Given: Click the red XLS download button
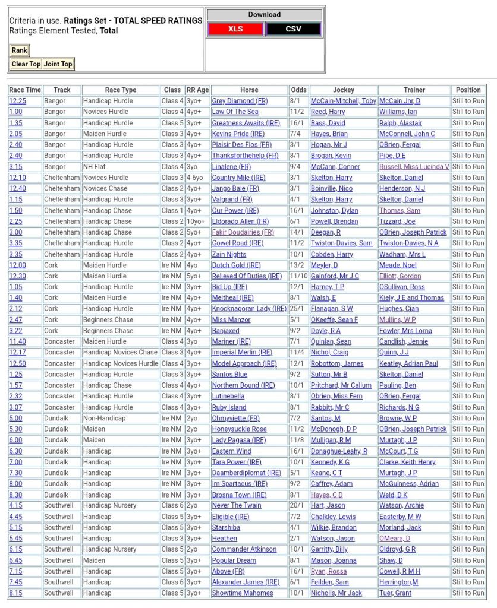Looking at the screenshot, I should pyautogui.click(x=235, y=28).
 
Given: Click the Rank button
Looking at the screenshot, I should pyautogui.click(x=19, y=50).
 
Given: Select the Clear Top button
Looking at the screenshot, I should pyautogui.click(x=26, y=64).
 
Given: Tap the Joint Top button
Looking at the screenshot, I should pyautogui.click(x=58, y=64).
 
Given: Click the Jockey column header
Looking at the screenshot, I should pyautogui.click(x=343, y=90).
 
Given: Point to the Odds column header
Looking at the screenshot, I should pyautogui.click(x=298, y=90).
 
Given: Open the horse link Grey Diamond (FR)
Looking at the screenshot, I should pyautogui.click(x=240, y=101).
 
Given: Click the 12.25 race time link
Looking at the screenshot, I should pyautogui.click(x=17, y=101).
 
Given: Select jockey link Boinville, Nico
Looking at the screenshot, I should pyautogui.click(x=331, y=189).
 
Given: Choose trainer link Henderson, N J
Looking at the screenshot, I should pyautogui.click(x=402, y=189).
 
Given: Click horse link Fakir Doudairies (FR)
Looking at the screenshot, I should pyautogui.click(x=243, y=232).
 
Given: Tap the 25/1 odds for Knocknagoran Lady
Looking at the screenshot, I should pyautogui.click(x=298, y=309).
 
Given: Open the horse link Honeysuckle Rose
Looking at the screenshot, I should pyautogui.click(x=239, y=429).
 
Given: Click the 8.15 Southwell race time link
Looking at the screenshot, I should pyautogui.click(x=15, y=593).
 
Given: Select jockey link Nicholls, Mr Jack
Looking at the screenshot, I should pyautogui.click(x=336, y=593).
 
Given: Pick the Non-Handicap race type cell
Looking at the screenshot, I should pyautogui.click(x=105, y=419).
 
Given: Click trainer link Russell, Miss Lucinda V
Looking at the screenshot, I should pyautogui.click(x=414, y=167).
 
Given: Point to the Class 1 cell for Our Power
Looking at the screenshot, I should pyautogui.click(x=172, y=211).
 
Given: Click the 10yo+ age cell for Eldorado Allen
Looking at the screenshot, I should pyautogui.click(x=197, y=221).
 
